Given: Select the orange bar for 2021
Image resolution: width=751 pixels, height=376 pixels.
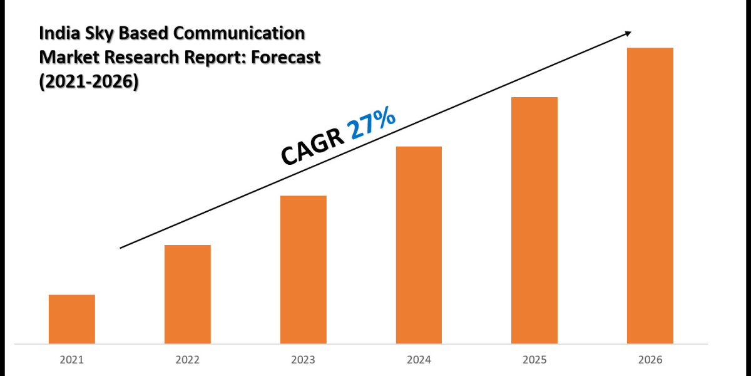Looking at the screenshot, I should pos(72,319).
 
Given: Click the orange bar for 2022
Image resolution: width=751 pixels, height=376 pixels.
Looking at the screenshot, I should pos(188,294).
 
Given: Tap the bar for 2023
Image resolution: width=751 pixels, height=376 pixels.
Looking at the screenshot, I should pos(304,269).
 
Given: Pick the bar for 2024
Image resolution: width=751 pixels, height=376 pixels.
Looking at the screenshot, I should pos(419,245).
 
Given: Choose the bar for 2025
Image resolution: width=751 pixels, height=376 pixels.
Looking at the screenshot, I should pos(534,220).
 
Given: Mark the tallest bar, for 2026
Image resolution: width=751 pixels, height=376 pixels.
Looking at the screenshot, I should pos(650,196).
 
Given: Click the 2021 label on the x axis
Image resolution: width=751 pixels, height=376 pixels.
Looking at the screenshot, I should pos(72,360).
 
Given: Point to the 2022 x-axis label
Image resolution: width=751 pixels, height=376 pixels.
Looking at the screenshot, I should pos(188,360).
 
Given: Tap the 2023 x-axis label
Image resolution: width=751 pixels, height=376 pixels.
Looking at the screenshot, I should pos(304,360).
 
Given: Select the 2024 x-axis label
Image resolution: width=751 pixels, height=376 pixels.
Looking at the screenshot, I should pos(419,360).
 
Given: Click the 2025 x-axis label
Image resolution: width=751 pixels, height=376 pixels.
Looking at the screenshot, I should pos(534,360).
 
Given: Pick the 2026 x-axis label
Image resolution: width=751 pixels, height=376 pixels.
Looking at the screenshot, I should pos(650,360).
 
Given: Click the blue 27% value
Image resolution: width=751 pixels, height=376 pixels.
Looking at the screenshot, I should pos(372,125).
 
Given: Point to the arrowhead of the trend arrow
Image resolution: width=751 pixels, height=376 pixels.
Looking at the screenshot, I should pos(628,33).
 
